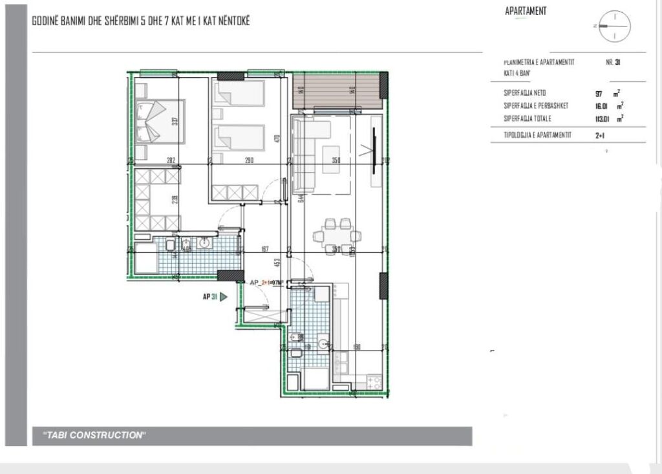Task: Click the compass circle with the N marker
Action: (614, 26)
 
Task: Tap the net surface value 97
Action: (599, 93)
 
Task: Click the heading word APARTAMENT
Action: (526, 11)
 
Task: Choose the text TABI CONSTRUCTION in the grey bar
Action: (90, 435)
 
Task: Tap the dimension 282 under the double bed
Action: (171, 160)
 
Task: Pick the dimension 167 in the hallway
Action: (264, 248)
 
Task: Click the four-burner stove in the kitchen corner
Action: (374, 381)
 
